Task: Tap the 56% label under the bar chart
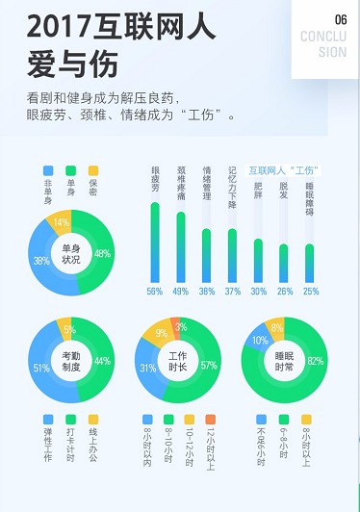(x=154, y=292)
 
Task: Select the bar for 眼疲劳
(x=154, y=241)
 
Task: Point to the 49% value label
(x=180, y=292)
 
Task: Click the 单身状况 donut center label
(x=71, y=253)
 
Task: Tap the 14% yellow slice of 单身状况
(x=62, y=223)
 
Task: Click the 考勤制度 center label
(x=71, y=360)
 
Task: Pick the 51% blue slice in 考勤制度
(x=40, y=367)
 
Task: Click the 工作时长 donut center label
(x=178, y=360)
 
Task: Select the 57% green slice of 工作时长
(x=209, y=366)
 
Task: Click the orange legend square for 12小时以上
(x=211, y=420)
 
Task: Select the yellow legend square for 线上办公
(x=93, y=420)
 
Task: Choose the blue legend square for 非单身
(x=48, y=170)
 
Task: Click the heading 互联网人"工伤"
(x=283, y=169)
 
